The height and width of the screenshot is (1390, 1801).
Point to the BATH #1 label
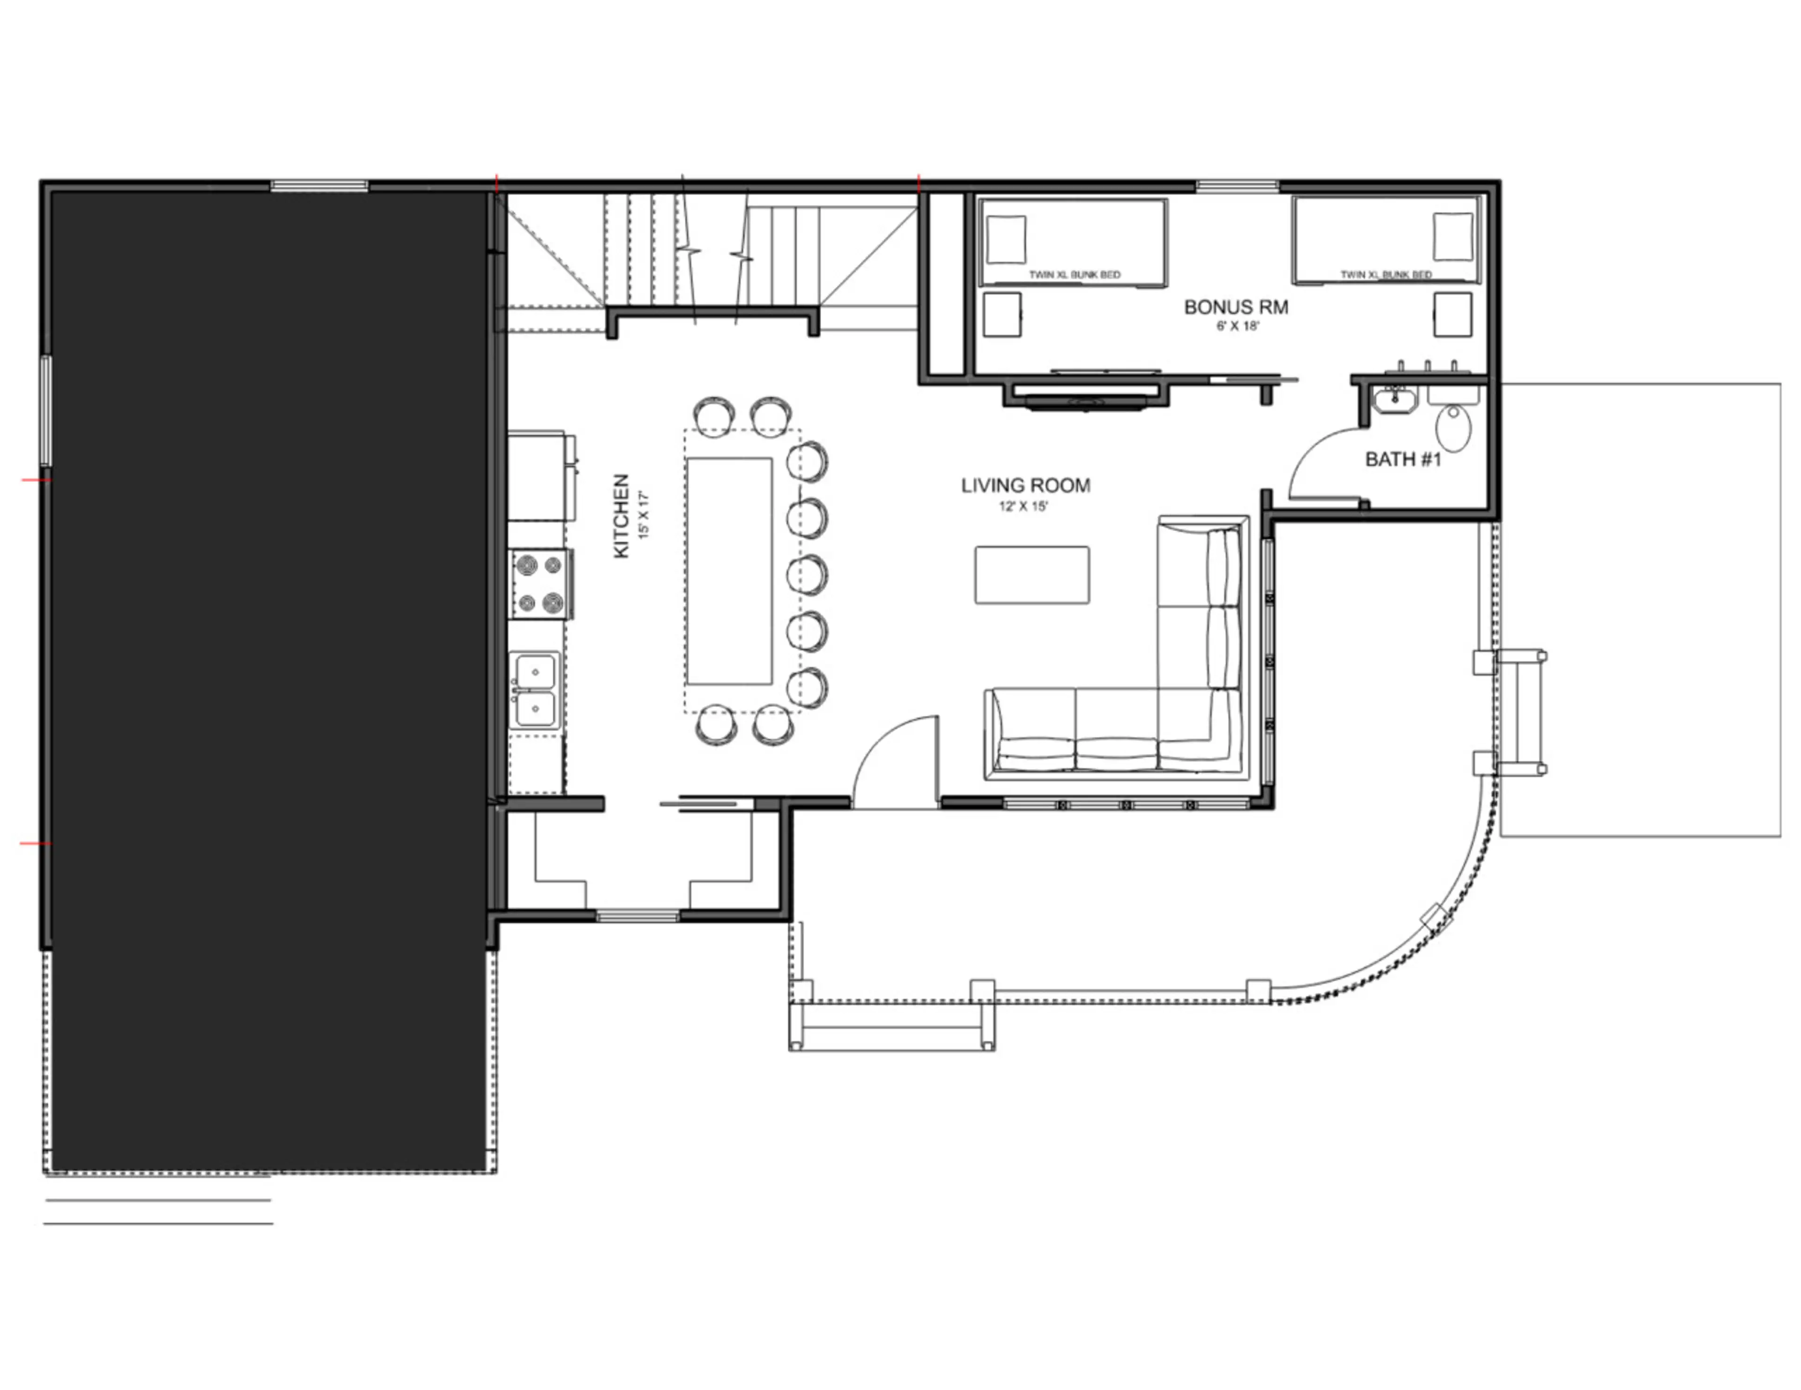pyautogui.click(x=1403, y=459)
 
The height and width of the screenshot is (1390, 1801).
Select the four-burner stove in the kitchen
pyautogui.click(x=541, y=584)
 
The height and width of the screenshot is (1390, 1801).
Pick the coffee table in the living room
pyautogui.click(x=1032, y=574)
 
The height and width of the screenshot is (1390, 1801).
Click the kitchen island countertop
pyautogui.click(x=729, y=571)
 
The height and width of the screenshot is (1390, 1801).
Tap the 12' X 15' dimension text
pyautogui.click(x=1023, y=506)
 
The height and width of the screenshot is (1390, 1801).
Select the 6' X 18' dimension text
pyautogui.click(x=1237, y=325)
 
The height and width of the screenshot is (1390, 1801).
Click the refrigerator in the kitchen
pyautogui.click(x=540, y=476)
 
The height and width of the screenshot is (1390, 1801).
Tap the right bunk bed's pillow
pyautogui.click(x=1453, y=237)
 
